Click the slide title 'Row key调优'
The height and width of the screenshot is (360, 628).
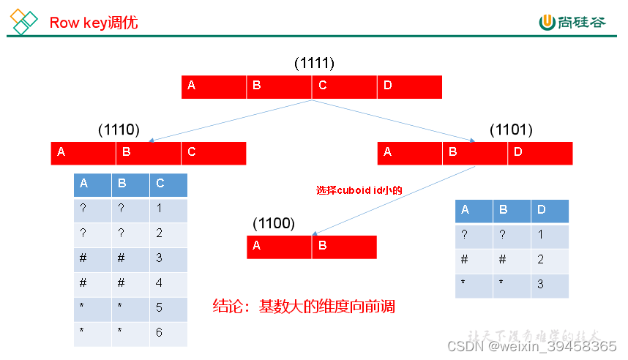click(x=93, y=23)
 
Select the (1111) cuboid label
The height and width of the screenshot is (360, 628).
click(x=314, y=63)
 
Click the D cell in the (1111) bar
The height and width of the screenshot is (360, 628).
click(x=409, y=86)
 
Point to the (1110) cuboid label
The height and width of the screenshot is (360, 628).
click(x=119, y=130)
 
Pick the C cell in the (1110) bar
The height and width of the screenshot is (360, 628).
click(x=213, y=152)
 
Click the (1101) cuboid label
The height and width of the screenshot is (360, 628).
click(x=511, y=130)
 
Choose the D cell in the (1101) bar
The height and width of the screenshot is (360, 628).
click(x=539, y=152)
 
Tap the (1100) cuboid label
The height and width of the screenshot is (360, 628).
click(x=273, y=223)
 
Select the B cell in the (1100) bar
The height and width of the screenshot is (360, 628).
click(x=344, y=247)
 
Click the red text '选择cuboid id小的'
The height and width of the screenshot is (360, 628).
click(x=359, y=190)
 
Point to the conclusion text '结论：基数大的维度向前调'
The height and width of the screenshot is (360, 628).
click(x=304, y=306)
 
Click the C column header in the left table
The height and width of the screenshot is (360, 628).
click(x=168, y=184)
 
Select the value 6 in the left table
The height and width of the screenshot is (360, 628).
click(x=160, y=333)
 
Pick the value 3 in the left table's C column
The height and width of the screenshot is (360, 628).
click(x=160, y=258)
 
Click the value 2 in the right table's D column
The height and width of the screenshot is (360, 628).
click(x=540, y=260)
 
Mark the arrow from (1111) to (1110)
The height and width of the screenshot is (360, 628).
click(x=231, y=121)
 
